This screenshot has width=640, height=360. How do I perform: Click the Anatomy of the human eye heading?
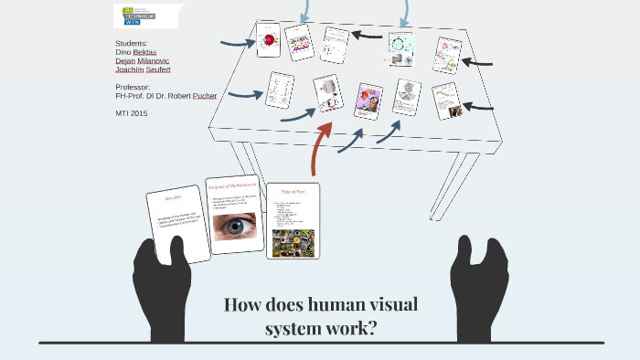[236, 185]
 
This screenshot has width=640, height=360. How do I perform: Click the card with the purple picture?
[368, 101]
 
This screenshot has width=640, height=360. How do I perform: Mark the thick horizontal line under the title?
[320, 344]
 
